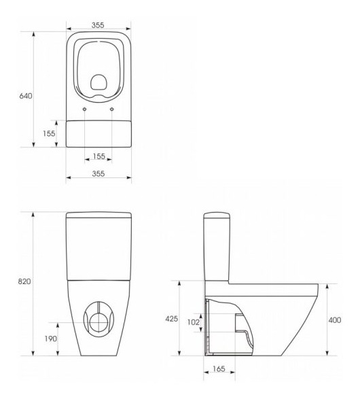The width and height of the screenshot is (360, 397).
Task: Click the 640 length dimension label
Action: click(26, 96)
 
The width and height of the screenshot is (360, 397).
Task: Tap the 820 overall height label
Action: click(24, 281)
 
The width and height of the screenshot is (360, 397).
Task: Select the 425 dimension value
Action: click(172, 319)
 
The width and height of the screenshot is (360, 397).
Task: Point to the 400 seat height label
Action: click(335, 320)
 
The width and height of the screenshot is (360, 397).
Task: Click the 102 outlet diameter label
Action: click(194, 322)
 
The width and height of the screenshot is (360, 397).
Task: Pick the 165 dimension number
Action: click(219, 369)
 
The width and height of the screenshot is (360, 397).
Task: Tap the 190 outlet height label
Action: click(51, 339)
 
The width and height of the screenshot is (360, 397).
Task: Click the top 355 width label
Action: click(98, 25)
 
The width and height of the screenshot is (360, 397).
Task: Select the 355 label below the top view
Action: click(98, 174)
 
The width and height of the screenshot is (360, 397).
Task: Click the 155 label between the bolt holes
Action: click(99, 156)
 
